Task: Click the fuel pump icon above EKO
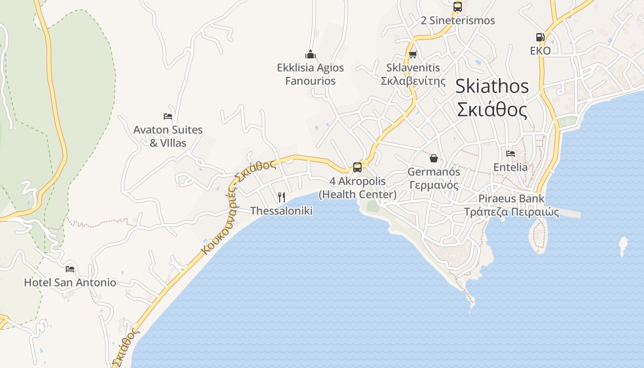click(x=540, y=37)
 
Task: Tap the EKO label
click(x=540, y=51)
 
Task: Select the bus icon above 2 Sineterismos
click(x=457, y=7)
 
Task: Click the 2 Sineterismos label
click(x=458, y=20)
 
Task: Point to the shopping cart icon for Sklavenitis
click(x=413, y=54)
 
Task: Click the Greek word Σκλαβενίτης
click(x=413, y=81)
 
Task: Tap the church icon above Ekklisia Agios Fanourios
click(x=310, y=55)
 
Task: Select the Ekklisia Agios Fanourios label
click(x=310, y=74)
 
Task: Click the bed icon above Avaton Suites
click(x=168, y=116)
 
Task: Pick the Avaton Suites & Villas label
click(x=168, y=136)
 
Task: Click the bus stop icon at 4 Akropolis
click(x=357, y=167)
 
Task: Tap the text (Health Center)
click(x=357, y=195)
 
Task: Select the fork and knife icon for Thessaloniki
click(x=282, y=197)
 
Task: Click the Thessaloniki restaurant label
click(x=281, y=211)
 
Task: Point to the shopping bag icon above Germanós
click(x=433, y=159)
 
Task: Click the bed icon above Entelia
click(x=510, y=154)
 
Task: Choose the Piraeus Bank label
click(x=511, y=199)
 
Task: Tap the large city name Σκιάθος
click(x=491, y=110)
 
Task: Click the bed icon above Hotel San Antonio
click(x=70, y=269)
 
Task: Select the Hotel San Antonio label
click(x=70, y=282)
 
